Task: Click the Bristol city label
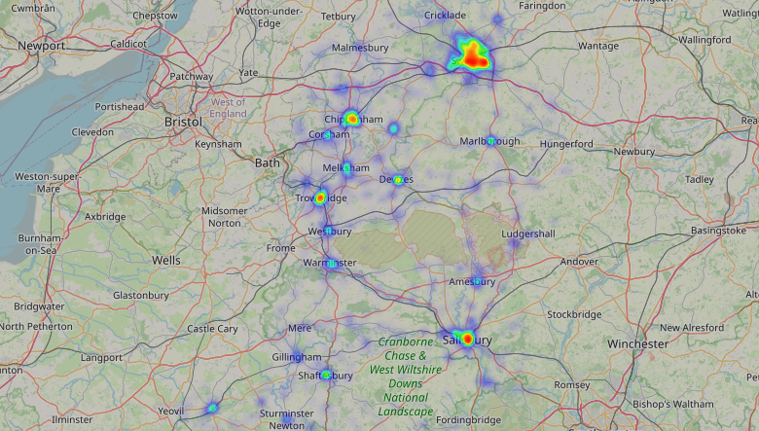click(x=183, y=122)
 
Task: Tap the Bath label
click(x=267, y=162)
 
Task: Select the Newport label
click(x=40, y=46)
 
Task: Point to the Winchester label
click(x=637, y=343)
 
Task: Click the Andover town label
click(x=579, y=261)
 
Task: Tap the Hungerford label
click(x=566, y=144)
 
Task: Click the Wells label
click(x=166, y=260)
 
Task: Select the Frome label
click(x=280, y=248)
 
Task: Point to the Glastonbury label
click(x=141, y=295)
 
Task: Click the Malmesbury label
click(x=360, y=47)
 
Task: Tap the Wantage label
click(x=597, y=46)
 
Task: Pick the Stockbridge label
click(x=575, y=314)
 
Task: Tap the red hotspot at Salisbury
click(x=467, y=339)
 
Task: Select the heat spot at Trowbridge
click(x=319, y=198)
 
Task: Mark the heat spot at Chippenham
click(x=351, y=119)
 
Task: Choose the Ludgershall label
click(x=528, y=234)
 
